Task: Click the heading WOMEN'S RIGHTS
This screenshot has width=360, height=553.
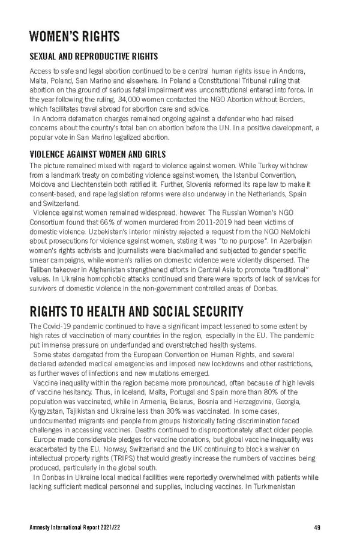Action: [74, 37]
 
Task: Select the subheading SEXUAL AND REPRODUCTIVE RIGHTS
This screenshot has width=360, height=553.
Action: [94, 56]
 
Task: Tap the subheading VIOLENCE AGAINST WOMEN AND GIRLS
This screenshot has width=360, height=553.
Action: [98, 154]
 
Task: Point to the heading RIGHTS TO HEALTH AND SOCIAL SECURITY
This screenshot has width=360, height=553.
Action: [136, 311]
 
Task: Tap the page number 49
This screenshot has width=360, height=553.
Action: [316, 528]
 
